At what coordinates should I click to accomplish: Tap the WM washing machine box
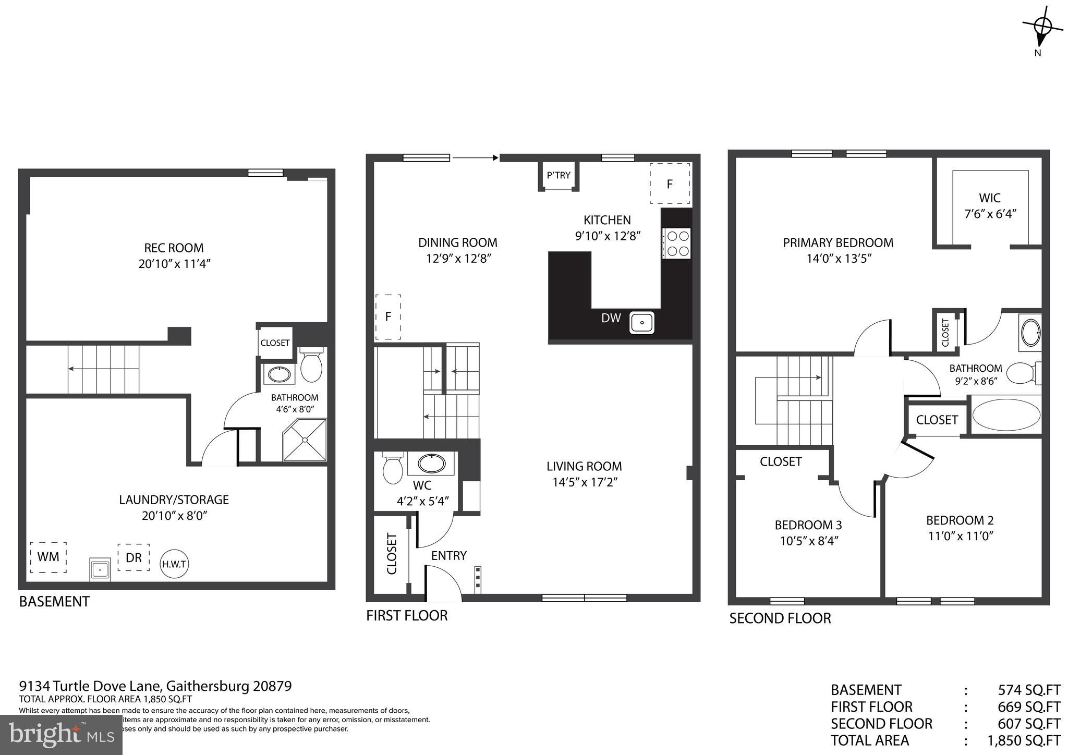(48, 557)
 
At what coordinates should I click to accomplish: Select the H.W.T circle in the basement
(174, 564)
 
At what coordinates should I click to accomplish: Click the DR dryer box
(133, 557)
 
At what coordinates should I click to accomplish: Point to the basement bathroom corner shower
(305, 440)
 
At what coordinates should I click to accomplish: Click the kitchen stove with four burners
(677, 243)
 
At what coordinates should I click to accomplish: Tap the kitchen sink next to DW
(642, 323)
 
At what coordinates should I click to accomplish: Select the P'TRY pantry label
(559, 175)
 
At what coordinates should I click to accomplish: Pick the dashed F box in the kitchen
(670, 184)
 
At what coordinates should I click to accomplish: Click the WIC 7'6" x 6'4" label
(989, 205)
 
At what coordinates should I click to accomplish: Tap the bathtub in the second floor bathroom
(1006, 415)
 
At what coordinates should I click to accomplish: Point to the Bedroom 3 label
(808, 525)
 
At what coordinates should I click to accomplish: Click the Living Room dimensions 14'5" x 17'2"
(585, 482)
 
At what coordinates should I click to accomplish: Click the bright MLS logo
(62, 735)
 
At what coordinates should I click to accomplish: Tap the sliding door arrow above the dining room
(475, 157)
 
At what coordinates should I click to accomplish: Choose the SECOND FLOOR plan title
(780, 618)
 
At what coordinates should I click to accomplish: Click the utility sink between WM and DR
(100, 569)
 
